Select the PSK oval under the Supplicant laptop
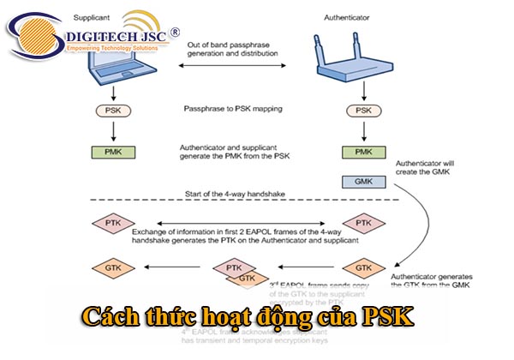112,111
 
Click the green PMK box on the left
112,153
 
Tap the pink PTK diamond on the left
112,223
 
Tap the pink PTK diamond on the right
364,223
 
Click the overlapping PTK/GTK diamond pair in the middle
238,273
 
